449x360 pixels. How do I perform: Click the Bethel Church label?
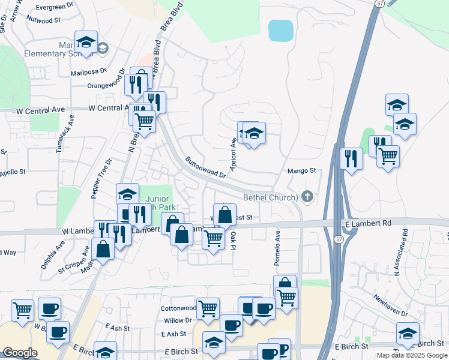[x=270, y=197]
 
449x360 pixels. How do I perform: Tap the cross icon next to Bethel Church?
[x=307, y=196]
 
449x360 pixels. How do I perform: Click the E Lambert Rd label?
[x=368, y=223]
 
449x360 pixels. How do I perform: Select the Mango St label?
[x=301, y=171]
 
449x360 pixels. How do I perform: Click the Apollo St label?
[x=13, y=172]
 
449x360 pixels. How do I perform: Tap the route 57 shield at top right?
[x=379, y=4]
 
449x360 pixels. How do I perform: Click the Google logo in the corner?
[x=20, y=353]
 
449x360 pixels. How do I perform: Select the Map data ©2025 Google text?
[x=412, y=355]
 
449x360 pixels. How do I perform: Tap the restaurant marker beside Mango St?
[x=351, y=159]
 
